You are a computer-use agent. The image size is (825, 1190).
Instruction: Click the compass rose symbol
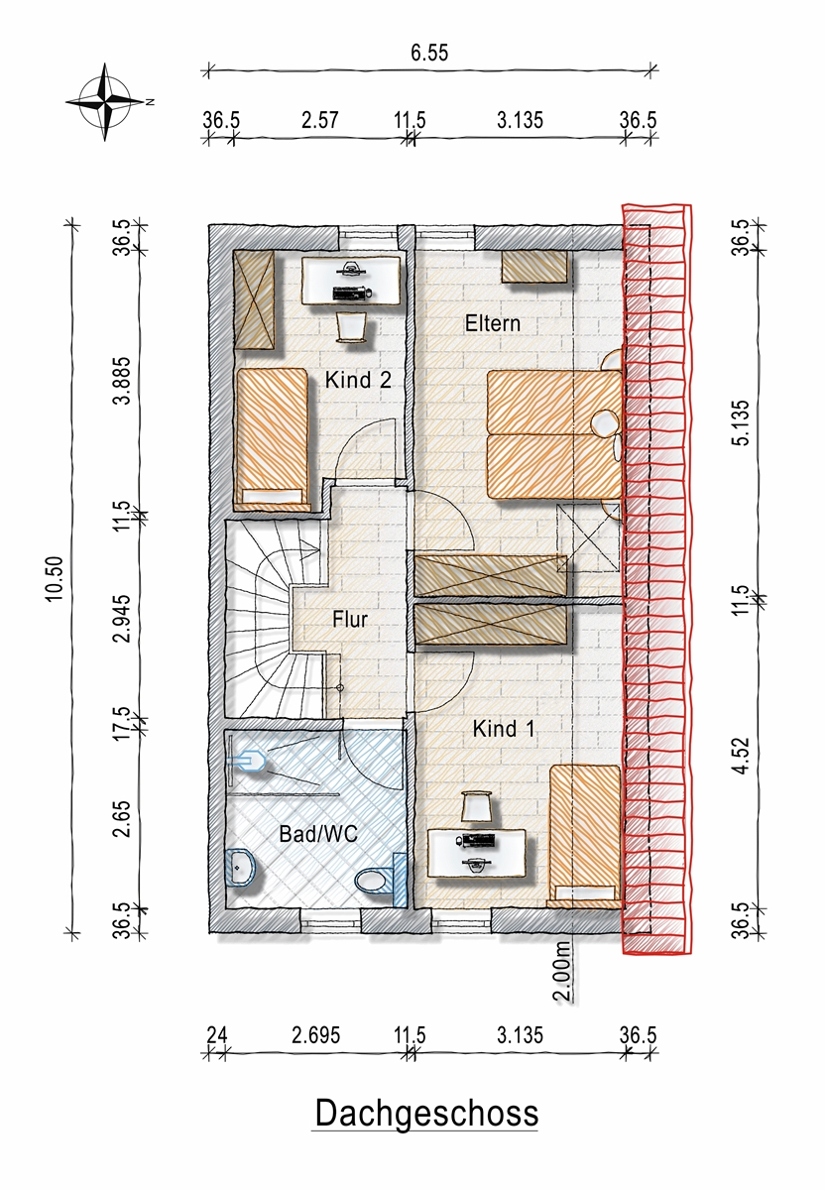tap(106, 101)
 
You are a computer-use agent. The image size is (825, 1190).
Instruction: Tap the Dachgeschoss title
tap(426, 1114)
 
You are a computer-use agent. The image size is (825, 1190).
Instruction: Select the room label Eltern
tap(493, 323)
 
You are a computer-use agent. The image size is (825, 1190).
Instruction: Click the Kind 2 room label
tap(358, 380)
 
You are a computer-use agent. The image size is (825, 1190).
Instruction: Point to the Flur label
tap(350, 620)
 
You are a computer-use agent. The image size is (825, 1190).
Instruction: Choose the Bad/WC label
tap(318, 834)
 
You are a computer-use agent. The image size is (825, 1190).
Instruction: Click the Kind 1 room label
tap(503, 728)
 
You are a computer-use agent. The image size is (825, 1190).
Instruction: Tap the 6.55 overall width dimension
tap(429, 53)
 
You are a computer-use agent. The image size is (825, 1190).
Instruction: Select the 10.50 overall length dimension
tap(55, 578)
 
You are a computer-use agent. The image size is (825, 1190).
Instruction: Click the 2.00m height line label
tap(562, 972)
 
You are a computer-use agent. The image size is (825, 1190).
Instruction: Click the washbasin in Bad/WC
tap(241, 868)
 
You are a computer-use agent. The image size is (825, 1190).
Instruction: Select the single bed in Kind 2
tap(272, 436)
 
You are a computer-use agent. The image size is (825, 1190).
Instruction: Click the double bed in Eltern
tap(554, 434)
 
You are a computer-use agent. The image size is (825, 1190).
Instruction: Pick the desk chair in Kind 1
tap(477, 806)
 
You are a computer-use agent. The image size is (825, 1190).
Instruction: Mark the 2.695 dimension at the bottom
tap(315, 1035)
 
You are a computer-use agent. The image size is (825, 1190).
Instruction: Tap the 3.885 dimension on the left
tap(122, 381)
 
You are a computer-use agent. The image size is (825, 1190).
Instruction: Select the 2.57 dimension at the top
tap(320, 120)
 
